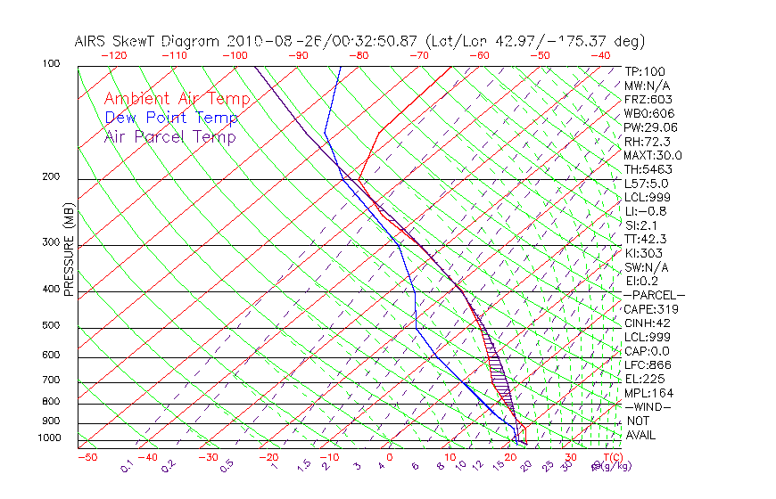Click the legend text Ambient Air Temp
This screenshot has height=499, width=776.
177,99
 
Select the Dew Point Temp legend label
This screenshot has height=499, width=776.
170,118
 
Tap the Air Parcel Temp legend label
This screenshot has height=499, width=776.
169,136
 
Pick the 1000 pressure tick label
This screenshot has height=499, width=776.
50,438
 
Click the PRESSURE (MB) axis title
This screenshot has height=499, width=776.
70,253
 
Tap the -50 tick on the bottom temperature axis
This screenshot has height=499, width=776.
87,458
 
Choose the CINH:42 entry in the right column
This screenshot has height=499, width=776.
648,323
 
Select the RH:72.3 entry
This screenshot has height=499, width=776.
647,142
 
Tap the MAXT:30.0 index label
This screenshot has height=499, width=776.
653,156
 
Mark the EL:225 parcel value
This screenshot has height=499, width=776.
644,379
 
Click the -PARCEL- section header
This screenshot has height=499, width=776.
654,295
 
